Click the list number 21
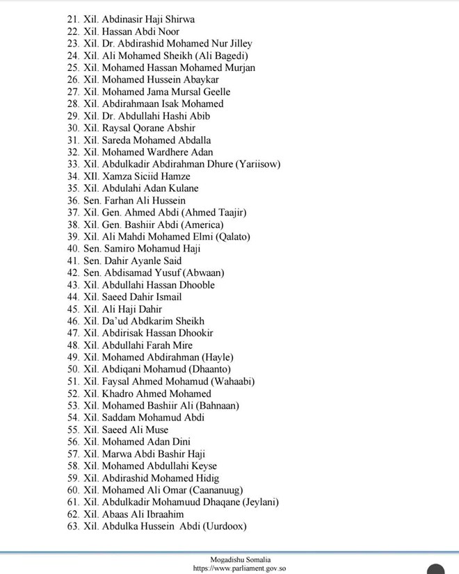coord(73,19)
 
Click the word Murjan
coord(237,67)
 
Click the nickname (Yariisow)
coord(258,164)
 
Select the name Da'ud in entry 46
coord(116,321)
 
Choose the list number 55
coord(73,429)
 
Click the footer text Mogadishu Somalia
coord(241,559)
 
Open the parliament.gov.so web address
coord(240,568)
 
